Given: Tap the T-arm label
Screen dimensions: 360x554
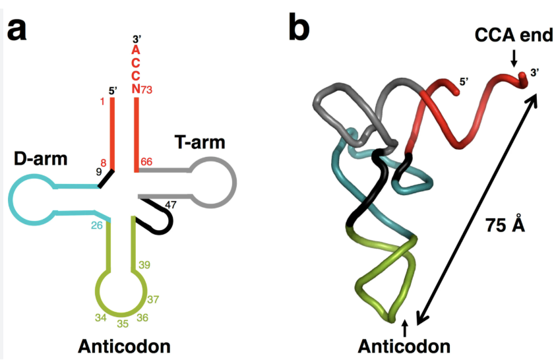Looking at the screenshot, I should [x=199, y=142].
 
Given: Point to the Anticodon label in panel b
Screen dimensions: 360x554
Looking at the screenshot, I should [x=404, y=345].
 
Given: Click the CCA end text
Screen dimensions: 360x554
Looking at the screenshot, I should [x=512, y=35].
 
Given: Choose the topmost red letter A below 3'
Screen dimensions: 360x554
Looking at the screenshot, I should [x=135, y=50].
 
